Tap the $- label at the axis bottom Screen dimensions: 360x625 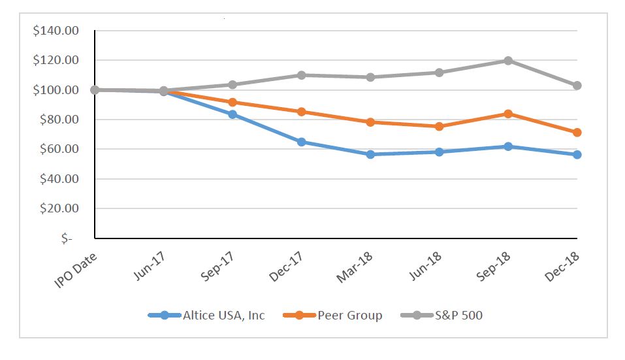(x=67, y=238)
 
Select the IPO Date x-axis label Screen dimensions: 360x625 (x=77, y=267)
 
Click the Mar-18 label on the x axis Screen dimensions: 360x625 (x=355, y=267)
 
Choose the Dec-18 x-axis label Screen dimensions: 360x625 (x=562, y=267)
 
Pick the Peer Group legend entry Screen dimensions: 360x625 (x=349, y=316)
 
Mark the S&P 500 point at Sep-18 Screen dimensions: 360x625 (x=508, y=61)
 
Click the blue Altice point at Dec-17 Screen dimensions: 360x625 (x=301, y=142)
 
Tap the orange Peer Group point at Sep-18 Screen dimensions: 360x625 (x=508, y=114)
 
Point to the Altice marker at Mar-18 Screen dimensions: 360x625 (x=370, y=154)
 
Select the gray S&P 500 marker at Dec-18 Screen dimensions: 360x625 (x=577, y=86)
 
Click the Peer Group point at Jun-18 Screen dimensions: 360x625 (x=440, y=126)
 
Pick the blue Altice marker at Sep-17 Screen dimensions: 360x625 (x=232, y=114)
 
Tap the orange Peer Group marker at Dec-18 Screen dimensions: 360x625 (x=577, y=133)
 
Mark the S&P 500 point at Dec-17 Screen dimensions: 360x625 (x=301, y=75)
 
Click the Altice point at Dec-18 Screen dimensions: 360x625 (x=577, y=155)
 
